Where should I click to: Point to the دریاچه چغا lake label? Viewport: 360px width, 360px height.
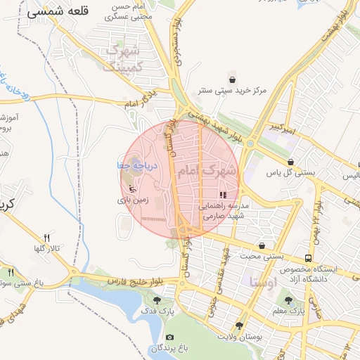coord(141,164)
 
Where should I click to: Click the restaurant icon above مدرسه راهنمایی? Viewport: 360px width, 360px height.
coord(224,195)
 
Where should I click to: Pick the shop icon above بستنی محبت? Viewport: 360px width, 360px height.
coord(262,246)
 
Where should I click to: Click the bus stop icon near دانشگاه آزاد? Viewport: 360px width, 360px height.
coord(310,259)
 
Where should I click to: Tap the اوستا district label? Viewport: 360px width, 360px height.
coord(263,282)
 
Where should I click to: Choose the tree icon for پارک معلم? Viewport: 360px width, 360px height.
coord(288,300)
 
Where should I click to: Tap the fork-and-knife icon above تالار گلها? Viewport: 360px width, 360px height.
coord(46,238)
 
